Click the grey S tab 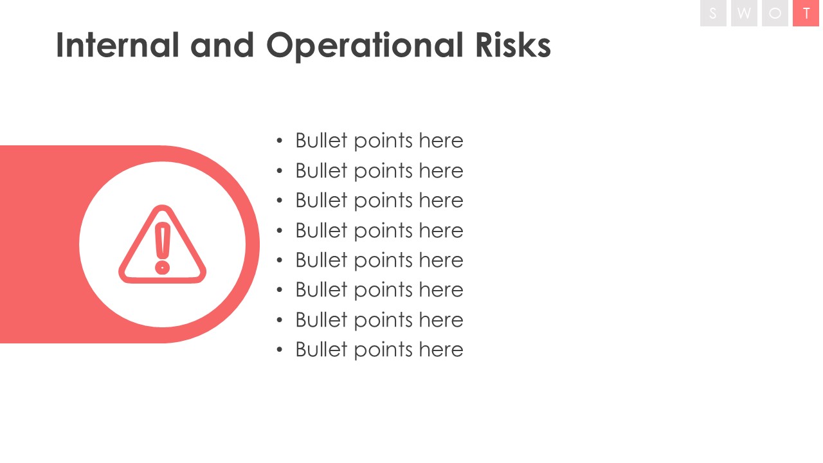coord(713,14)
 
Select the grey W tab coord(744,14)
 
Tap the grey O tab coord(775,14)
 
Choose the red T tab coord(806,14)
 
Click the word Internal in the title coord(118,45)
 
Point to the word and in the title coord(222,45)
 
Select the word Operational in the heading coord(365,47)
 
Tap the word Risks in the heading coord(513,45)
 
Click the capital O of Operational coord(281,45)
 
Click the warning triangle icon coord(163,244)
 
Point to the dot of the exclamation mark coord(163,268)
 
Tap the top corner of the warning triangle coord(163,206)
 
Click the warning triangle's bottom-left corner coord(122,279)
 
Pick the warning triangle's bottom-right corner coord(203,279)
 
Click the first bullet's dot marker coord(280,141)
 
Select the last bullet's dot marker coord(280,349)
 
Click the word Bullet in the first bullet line coord(321,140)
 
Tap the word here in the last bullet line coord(441,349)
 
